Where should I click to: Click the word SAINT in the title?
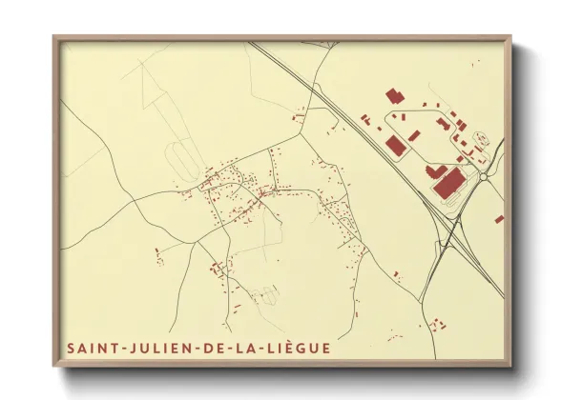[89, 348]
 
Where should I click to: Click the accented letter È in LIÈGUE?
[286, 348]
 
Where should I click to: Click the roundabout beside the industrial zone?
[484, 176]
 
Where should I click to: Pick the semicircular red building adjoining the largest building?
[436, 170]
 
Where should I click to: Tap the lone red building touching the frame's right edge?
[499, 219]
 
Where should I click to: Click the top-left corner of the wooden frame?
[54, 37]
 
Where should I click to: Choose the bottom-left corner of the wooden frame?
[54, 366]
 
